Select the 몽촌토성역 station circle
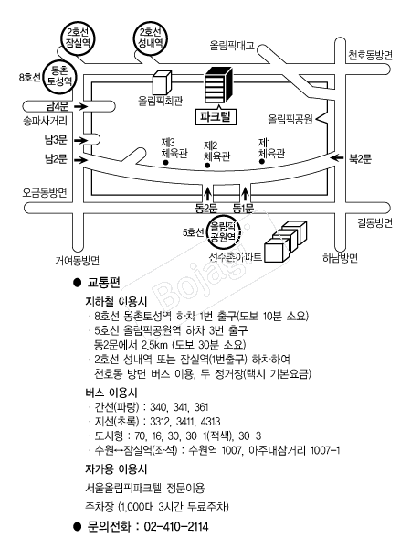(x=59, y=77)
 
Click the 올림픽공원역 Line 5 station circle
(x=224, y=231)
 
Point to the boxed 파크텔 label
(x=216, y=116)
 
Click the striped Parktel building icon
(x=218, y=84)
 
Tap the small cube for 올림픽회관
(x=163, y=82)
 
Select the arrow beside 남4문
(x=80, y=106)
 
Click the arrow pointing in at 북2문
(x=337, y=158)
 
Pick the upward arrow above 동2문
(x=207, y=194)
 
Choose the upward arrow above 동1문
(x=246, y=194)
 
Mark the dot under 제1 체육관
(x=261, y=161)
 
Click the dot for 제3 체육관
(x=165, y=163)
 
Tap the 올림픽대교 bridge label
(x=232, y=46)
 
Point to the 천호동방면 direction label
(x=370, y=55)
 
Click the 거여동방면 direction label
(x=78, y=260)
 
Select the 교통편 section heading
(x=103, y=283)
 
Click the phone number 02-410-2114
(x=176, y=526)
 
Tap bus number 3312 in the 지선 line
(x=161, y=422)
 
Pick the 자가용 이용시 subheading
(x=116, y=469)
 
